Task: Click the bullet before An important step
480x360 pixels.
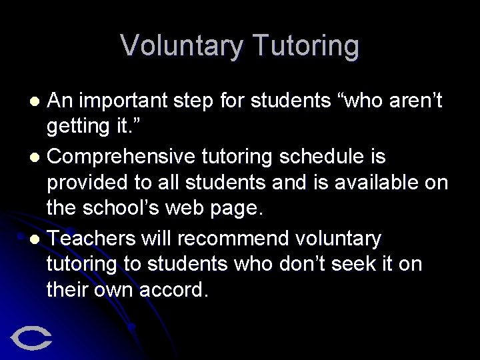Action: pyautogui.click(x=37, y=102)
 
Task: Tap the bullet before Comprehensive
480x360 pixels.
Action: pyautogui.click(x=37, y=157)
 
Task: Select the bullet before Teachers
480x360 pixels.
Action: pyautogui.click(x=37, y=239)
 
